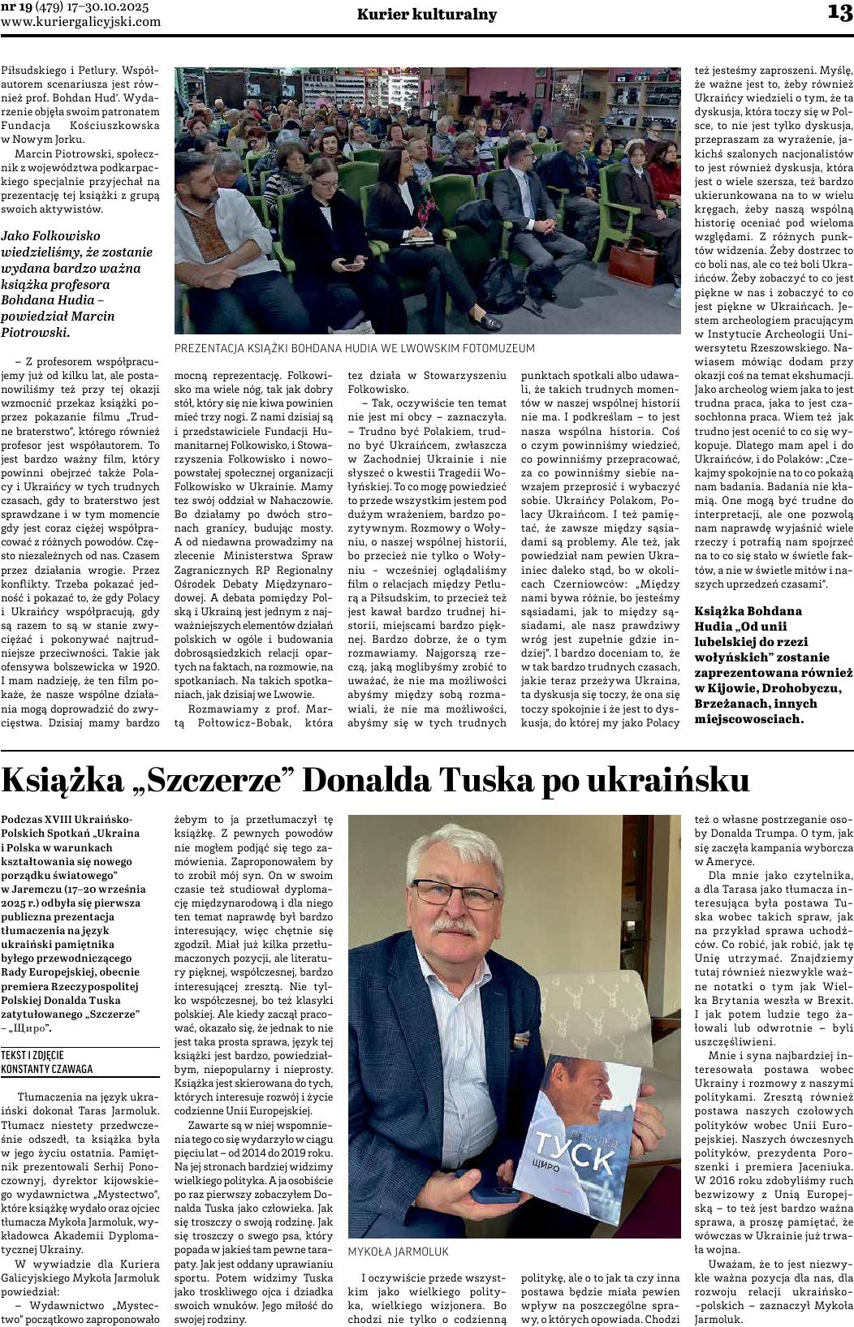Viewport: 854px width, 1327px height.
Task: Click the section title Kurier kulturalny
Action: (x=427, y=15)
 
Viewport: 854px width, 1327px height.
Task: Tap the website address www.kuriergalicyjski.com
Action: (x=81, y=22)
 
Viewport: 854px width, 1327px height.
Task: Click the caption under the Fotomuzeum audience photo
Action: (x=354, y=348)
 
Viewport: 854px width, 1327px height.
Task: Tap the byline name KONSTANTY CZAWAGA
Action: (x=48, y=1069)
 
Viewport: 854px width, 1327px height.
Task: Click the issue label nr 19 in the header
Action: (x=15, y=7)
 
